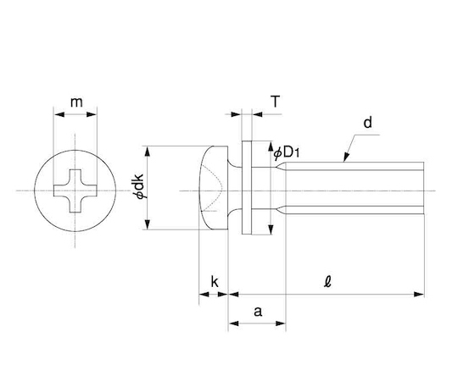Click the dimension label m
click(x=76, y=102)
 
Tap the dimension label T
click(x=276, y=102)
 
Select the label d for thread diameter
click(x=368, y=123)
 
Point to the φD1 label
click(x=287, y=152)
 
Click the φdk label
click(x=139, y=186)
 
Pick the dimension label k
click(x=215, y=282)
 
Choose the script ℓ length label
click(x=327, y=282)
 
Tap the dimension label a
click(x=258, y=312)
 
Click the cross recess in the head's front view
click(x=75, y=190)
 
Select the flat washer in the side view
click(x=247, y=187)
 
